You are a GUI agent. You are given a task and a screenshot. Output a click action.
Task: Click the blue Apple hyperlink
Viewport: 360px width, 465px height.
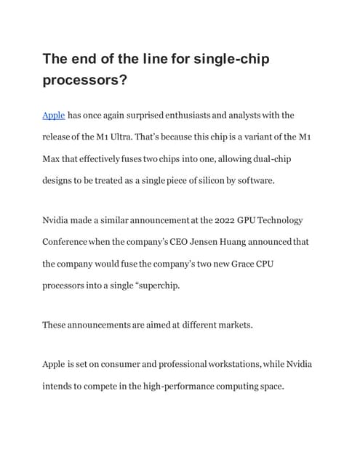pos(54,115)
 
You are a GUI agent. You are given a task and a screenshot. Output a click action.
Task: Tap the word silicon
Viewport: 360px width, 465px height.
pos(191,178)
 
